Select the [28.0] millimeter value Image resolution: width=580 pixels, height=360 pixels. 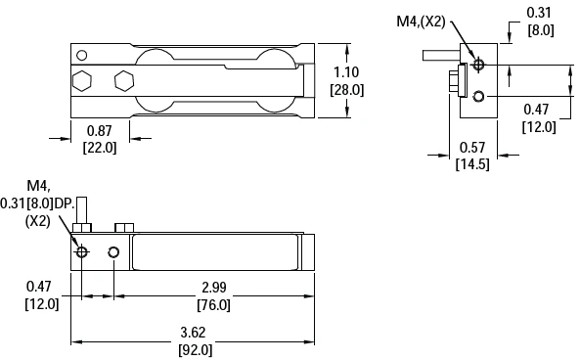(x=348, y=89)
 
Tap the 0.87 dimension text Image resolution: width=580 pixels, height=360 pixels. (x=100, y=131)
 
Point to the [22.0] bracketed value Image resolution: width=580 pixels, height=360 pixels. (x=100, y=148)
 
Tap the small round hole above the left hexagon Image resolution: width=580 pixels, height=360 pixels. (x=82, y=55)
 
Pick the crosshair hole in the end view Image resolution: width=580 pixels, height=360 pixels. (x=478, y=66)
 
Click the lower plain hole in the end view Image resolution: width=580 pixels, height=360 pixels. (x=478, y=96)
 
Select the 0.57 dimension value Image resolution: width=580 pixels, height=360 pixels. (x=473, y=148)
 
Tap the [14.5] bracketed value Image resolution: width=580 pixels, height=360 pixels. (x=473, y=163)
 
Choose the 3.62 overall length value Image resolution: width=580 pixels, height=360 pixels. (x=193, y=333)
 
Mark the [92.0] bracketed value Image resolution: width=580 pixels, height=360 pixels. (x=193, y=349)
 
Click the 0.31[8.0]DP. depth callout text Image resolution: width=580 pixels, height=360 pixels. (x=44, y=202)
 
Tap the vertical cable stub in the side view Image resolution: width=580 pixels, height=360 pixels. (x=87, y=210)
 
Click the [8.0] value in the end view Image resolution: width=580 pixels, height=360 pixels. (x=540, y=30)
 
